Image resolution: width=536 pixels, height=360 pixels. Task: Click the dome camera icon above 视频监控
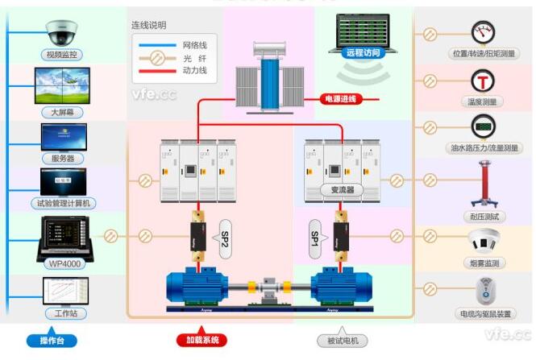coord(62,32)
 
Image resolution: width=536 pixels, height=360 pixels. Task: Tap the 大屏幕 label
coord(62,113)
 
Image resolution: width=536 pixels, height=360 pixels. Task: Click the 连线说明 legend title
coord(152,25)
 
